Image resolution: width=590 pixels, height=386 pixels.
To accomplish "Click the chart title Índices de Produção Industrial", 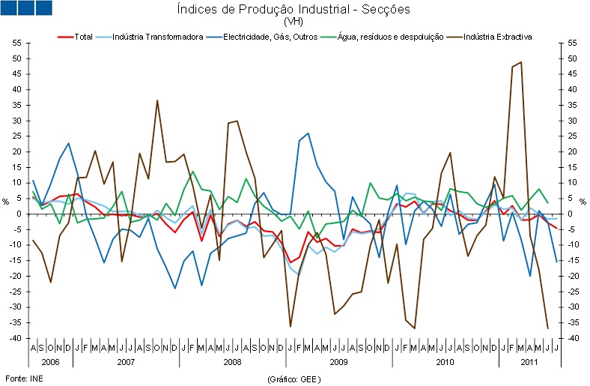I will [x=294, y=10].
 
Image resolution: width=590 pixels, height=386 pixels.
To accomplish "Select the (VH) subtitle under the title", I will [x=294, y=22].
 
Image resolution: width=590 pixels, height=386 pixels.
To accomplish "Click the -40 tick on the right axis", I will [x=573, y=339].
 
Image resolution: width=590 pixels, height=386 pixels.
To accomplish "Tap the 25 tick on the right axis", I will [x=572, y=136].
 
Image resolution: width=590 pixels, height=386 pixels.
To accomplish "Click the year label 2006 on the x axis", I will [x=51, y=361].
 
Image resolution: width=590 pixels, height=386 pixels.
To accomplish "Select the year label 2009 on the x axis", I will [x=338, y=361].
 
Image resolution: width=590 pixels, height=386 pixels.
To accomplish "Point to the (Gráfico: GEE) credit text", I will [x=294, y=379].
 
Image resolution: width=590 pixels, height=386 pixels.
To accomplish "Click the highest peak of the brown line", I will [x=520, y=62].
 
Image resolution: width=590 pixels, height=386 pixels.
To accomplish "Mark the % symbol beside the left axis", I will [x=7, y=202].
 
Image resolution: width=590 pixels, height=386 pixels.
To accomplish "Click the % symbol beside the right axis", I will [x=583, y=202].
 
